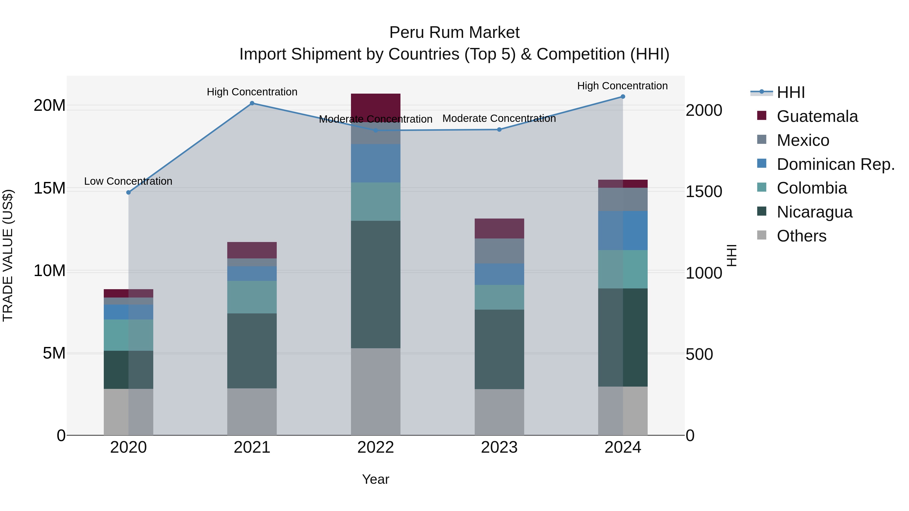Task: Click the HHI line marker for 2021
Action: click(x=252, y=103)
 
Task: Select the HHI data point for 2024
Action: click(x=623, y=97)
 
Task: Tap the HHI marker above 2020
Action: click(x=129, y=193)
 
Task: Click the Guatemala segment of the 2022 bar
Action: click(x=375, y=106)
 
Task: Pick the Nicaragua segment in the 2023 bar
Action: click(x=499, y=349)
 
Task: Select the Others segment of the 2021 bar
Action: click(x=252, y=412)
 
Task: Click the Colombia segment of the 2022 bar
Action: click(x=375, y=201)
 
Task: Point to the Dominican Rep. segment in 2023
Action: click(x=499, y=274)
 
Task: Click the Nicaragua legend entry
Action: click(x=814, y=212)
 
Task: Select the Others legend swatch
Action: click(x=762, y=235)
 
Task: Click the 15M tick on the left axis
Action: click(x=49, y=188)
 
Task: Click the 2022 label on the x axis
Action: click(x=375, y=447)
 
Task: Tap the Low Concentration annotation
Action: click(x=128, y=181)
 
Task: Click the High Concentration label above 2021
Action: click(x=252, y=92)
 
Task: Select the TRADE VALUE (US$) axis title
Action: click(x=8, y=255)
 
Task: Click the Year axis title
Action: click(x=375, y=479)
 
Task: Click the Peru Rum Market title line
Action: click(x=454, y=33)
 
